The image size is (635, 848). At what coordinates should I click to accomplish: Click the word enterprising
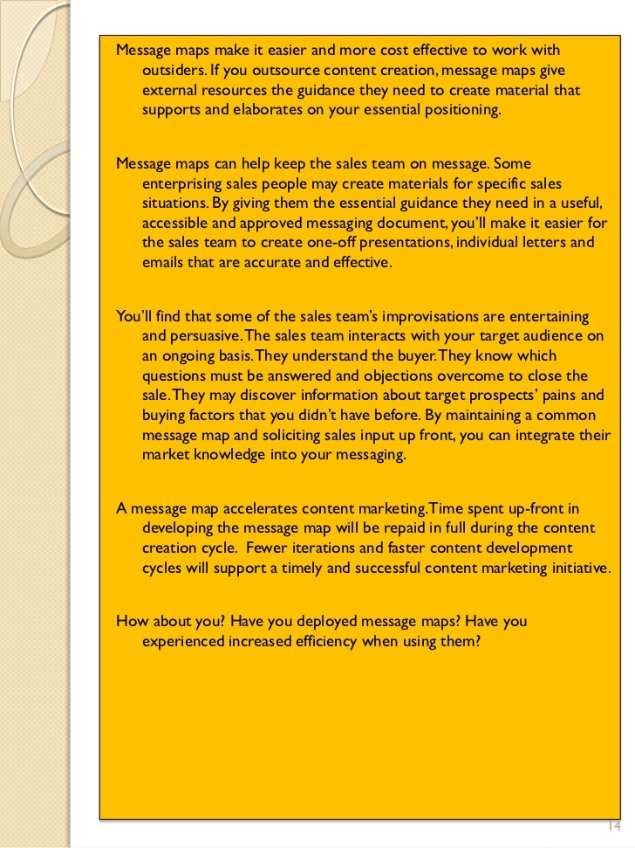point(186,183)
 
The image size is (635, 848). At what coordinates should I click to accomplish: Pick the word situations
point(172,203)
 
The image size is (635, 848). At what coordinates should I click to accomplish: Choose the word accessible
point(174,222)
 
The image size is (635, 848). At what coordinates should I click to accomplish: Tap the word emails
point(163,262)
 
